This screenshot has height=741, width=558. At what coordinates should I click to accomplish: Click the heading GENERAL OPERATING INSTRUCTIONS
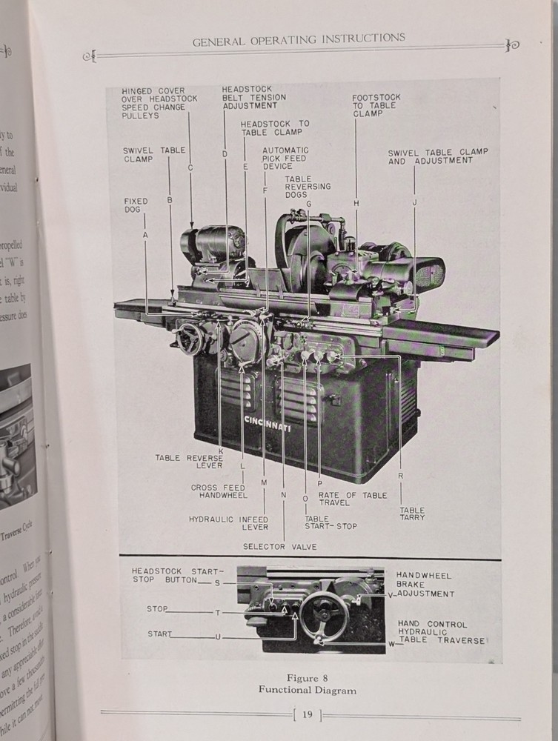pos(299,39)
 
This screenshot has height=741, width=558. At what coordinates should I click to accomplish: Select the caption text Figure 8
pos(307,677)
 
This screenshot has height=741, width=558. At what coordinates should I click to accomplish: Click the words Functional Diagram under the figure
pos(307,690)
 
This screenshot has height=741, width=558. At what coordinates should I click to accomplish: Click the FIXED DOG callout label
pos(136,205)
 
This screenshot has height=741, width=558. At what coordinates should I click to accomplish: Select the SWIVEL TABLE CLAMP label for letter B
pos(154,154)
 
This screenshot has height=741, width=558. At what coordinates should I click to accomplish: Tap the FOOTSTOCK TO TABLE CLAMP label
pos(376,105)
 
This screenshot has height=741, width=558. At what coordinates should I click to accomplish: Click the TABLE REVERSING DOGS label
pos(308,182)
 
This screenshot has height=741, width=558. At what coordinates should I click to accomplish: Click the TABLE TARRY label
pos(413,514)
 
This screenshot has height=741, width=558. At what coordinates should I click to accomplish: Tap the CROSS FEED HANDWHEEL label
pos(219,491)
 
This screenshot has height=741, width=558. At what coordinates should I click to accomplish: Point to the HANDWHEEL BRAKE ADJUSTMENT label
pos(424,585)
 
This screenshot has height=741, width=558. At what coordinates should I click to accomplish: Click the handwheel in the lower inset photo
pos(323,616)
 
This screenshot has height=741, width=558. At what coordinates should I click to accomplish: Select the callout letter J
pos(415,202)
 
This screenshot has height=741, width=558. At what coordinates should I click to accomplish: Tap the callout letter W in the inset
pos(391,644)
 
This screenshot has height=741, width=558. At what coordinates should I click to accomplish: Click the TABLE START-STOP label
pos(331,522)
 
